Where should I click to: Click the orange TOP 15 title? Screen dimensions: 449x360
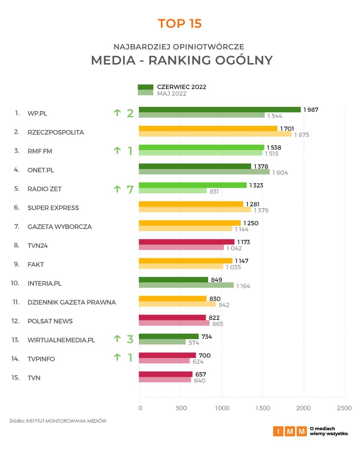coord(180,23)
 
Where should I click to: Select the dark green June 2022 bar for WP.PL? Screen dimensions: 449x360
coord(220,110)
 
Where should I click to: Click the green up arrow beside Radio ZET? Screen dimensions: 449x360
coord(117,189)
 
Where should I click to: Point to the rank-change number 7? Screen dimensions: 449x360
coord(130,189)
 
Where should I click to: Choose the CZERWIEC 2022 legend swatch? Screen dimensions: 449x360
coord(145,87)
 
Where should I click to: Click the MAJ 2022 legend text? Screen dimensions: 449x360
coord(172,93)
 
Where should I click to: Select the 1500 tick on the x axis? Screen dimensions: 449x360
coord(263,408)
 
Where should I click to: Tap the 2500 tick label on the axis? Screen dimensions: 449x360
coord(344,408)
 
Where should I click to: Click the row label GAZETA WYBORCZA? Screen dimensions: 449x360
coord(59,227)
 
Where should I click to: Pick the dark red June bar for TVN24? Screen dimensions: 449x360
coord(186,242)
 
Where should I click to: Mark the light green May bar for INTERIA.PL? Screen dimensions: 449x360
coord(186,285)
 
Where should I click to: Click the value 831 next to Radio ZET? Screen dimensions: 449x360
coord(214,192)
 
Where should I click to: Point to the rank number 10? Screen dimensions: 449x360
coord(15,283)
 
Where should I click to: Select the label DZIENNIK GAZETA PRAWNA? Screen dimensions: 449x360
coord(71,302)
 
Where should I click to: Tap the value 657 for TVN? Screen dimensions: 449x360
coord(200,374)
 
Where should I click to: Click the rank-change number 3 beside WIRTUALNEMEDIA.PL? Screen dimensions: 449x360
coord(130,339)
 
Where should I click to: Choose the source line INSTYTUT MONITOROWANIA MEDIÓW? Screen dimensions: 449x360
coord(66,421)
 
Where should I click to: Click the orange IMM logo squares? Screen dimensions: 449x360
coord(290,431)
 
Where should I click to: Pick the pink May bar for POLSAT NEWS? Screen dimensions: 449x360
coord(174,323)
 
